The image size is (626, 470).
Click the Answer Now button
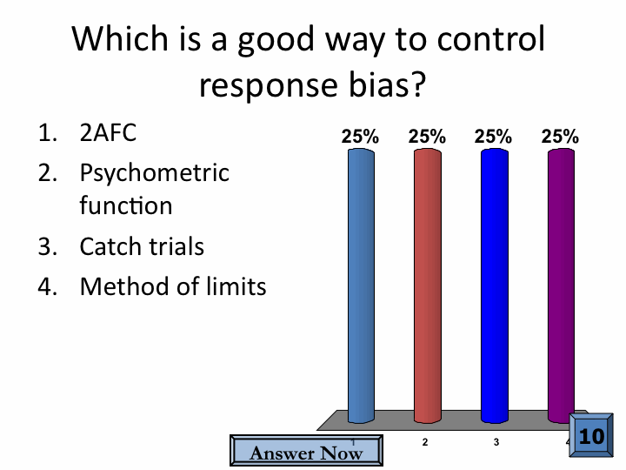(306, 451)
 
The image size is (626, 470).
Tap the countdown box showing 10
(591, 435)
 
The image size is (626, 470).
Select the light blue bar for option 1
(361, 285)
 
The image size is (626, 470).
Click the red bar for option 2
(428, 285)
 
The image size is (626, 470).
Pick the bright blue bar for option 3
(494, 285)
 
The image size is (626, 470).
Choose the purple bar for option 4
(561, 285)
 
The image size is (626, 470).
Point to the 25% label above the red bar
(427, 137)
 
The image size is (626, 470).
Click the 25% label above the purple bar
(560, 137)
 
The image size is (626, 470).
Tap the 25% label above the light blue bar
(360, 137)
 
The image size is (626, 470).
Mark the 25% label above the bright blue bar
(493, 137)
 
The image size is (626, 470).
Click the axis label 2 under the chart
(425, 442)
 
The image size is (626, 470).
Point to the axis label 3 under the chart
(496, 442)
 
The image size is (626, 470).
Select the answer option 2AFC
(108, 132)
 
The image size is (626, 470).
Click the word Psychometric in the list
(155, 174)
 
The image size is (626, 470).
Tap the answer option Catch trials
(142, 246)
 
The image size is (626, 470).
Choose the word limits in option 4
(236, 286)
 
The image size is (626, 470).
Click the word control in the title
(491, 38)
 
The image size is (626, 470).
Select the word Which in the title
(120, 38)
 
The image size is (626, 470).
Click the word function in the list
(126, 205)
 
